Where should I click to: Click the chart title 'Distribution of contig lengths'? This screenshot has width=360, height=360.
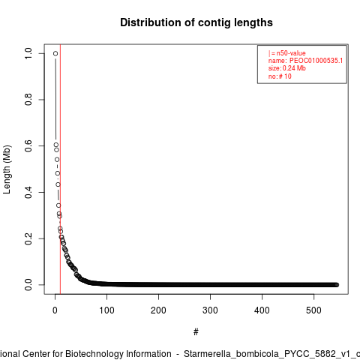[196, 22]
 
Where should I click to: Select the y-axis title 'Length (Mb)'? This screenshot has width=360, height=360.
[7, 169]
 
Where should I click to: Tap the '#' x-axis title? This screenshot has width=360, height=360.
[196, 332]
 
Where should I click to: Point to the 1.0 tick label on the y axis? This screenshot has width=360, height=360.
[28, 53]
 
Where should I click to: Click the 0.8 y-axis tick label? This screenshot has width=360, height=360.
[28, 100]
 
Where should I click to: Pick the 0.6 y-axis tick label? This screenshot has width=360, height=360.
[28, 146]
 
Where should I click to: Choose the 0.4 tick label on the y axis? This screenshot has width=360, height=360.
[28, 192]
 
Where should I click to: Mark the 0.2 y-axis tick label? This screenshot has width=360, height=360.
[28, 238]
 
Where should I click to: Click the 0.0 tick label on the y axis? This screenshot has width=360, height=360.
[28, 285]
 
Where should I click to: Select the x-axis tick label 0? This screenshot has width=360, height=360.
[55, 310]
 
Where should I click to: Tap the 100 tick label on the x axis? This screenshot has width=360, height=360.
[106, 310]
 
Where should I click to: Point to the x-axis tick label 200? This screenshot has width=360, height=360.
[158, 310]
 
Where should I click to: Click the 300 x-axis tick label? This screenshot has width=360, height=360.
[210, 310]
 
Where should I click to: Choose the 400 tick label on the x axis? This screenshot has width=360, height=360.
[262, 310]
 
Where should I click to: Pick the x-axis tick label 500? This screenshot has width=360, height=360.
[313, 310]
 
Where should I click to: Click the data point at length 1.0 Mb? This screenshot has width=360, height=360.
[55, 53]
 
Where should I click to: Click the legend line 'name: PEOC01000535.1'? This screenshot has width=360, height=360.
[305, 61]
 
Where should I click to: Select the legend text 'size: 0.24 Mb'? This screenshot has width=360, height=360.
[287, 68]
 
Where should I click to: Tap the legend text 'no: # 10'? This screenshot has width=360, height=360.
[280, 76]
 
